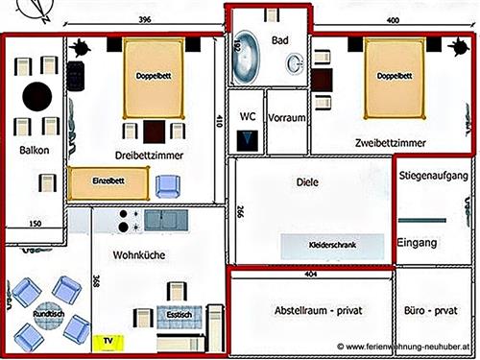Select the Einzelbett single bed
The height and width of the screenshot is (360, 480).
pos(108,180)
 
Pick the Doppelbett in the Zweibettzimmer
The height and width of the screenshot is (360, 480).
pos(395,76)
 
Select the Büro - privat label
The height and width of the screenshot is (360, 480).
pos(432,313)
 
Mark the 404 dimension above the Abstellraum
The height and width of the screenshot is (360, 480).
pos(310,274)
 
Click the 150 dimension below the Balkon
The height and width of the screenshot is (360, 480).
pos(35,224)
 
